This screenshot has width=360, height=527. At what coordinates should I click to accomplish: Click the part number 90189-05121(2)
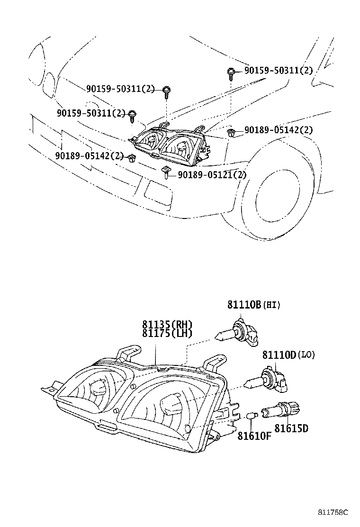(x=212, y=175)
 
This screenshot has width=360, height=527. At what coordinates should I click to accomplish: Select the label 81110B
(x=244, y=305)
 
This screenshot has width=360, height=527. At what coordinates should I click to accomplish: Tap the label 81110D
(x=279, y=354)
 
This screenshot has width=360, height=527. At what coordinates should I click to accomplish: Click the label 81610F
(x=254, y=436)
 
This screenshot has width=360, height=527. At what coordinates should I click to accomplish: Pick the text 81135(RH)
(x=167, y=325)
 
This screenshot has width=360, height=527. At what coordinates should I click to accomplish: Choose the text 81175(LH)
(x=167, y=333)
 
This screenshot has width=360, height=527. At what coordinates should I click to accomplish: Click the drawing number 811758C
(x=333, y=512)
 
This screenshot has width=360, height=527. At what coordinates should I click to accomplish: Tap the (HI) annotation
(x=271, y=306)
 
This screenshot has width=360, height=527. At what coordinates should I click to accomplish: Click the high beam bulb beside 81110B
(x=237, y=333)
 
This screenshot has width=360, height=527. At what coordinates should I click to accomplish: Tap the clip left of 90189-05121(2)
(x=167, y=172)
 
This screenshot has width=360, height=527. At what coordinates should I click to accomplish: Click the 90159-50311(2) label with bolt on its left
(x=279, y=71)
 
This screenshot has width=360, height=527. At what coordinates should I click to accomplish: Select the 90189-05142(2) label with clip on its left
(x=278, y=130)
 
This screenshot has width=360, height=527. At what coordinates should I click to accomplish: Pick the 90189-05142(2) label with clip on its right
(x=89, y=155)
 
